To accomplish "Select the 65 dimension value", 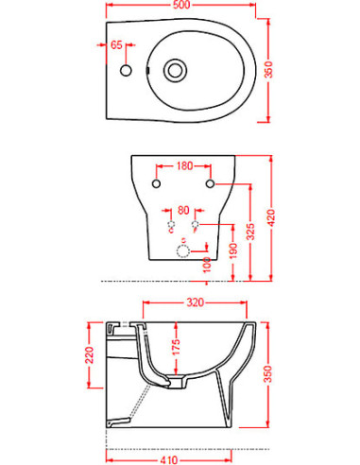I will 117,44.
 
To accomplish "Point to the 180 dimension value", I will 183,166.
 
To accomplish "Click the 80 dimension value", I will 183,210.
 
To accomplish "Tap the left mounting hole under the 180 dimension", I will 157,181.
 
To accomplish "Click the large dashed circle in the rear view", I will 183,250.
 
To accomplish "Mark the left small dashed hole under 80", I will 170,227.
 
